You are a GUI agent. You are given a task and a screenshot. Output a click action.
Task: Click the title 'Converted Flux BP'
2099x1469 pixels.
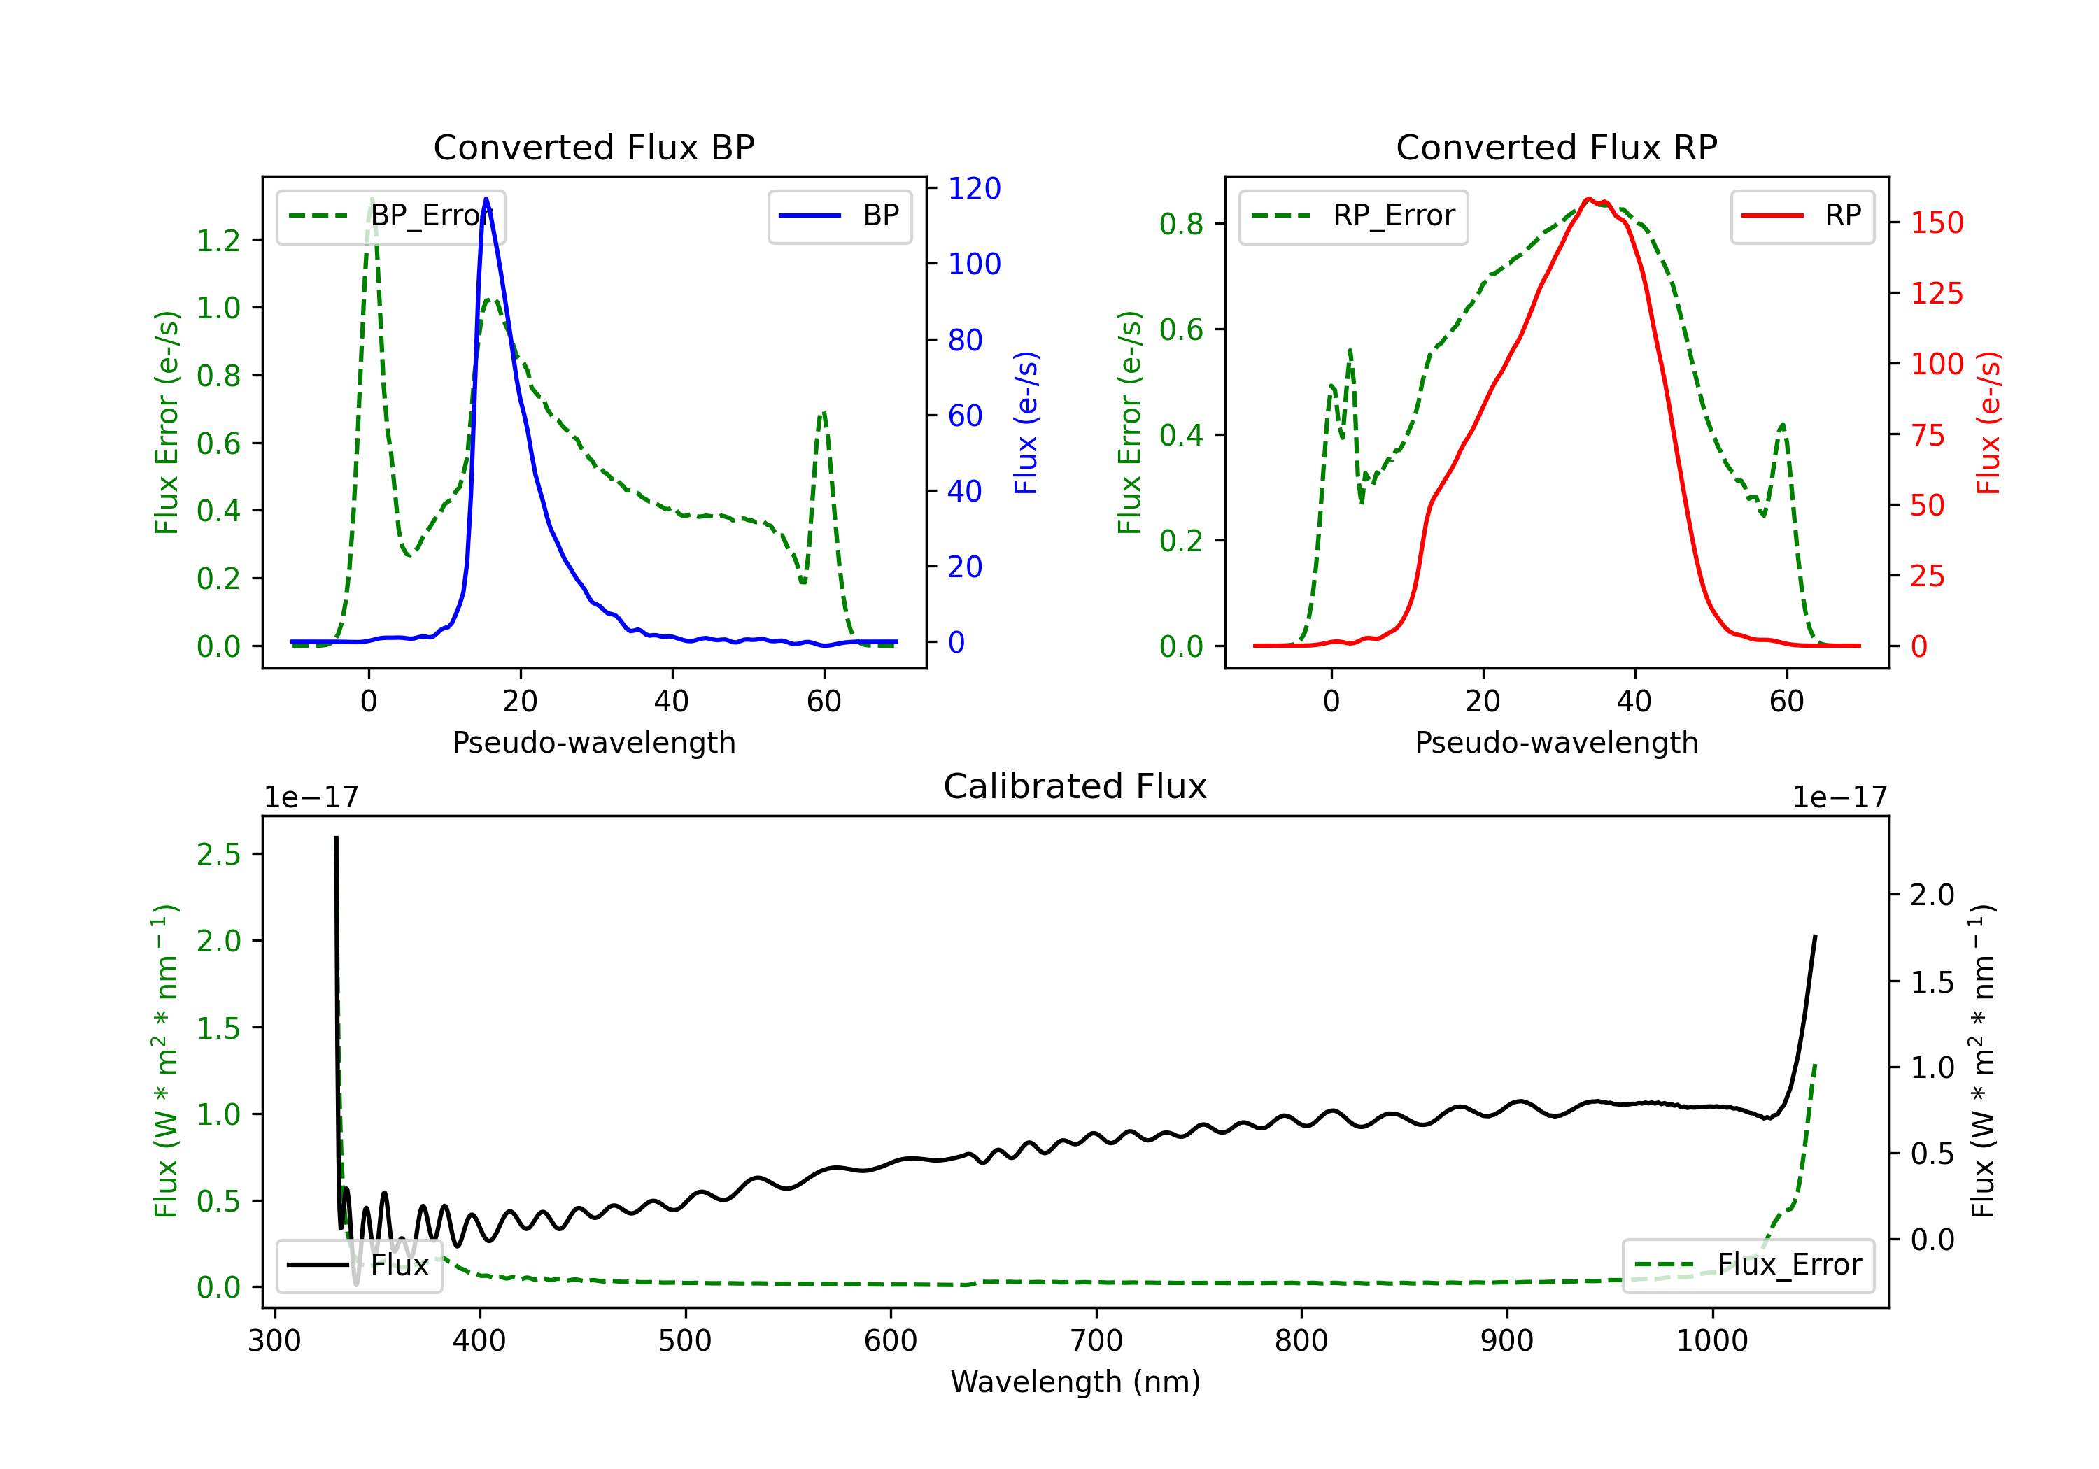(x=593, y=147)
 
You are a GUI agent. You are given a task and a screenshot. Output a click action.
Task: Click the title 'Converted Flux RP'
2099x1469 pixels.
(x=1556, y=147)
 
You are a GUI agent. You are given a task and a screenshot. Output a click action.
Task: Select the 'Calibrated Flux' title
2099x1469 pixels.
(x=1075, y=786)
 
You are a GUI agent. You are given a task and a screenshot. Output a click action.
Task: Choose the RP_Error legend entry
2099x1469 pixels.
(x=1353, y=215)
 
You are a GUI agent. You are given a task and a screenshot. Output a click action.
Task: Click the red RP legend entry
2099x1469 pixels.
(x=1802, y=215)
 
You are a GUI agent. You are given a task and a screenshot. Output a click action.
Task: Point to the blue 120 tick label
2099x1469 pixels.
(x=975, y=188)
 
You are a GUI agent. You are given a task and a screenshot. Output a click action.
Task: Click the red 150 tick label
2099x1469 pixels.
(x=1937, y=222)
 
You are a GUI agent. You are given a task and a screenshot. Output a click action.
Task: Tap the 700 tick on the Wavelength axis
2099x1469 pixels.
(x=1096, y=1340)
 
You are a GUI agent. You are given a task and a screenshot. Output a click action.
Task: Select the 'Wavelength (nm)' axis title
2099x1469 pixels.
(x=1075, y=1382)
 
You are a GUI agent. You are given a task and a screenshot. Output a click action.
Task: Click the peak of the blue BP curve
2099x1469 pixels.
(x=486, y=199)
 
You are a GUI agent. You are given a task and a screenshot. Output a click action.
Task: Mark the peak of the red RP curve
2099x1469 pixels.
(x=1589, y=199)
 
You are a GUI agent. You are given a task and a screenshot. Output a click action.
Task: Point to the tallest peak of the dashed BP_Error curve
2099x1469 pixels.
(x=371, y=199)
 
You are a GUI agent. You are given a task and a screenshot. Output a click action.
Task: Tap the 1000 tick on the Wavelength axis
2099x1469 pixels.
(x=1712, y=1340)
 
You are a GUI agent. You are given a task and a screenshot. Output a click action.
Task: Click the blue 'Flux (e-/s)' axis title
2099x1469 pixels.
(x=1026, y=423)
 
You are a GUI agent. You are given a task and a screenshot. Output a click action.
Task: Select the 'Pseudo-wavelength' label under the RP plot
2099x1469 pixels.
(x=1556, y=742)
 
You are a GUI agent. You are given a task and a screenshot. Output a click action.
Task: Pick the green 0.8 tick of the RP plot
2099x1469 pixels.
(x=1181, y=223)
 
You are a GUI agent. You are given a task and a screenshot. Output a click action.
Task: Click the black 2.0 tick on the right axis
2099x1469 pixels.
(x=1932, y=894)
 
